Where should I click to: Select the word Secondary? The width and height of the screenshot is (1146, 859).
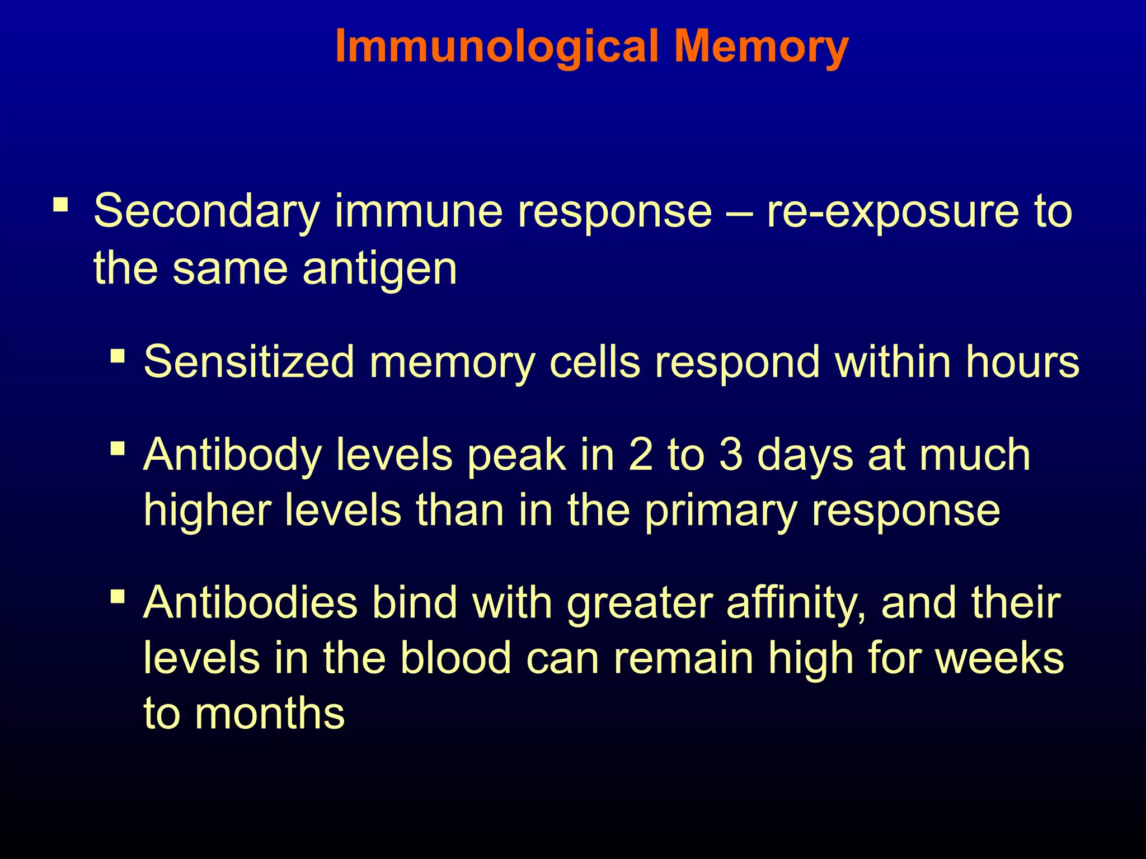pos(206,211)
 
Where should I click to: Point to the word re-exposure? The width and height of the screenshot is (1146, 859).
pos(892,211)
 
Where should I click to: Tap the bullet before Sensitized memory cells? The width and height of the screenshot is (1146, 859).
pos(118,356)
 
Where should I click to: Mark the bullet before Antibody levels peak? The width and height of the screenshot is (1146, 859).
pos(118,449)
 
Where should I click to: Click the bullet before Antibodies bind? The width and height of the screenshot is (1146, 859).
pos(118,596)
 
